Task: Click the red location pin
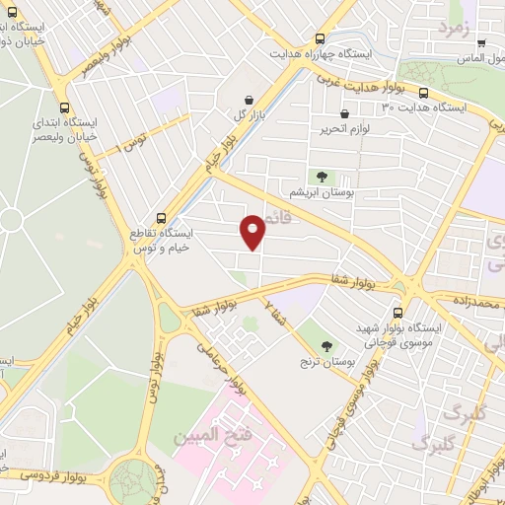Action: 253,232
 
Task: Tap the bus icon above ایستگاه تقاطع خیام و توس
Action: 162,218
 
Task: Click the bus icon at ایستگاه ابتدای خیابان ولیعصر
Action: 65,108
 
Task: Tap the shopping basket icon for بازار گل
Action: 247,100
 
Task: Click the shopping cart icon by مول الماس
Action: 481,43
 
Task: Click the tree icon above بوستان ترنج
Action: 326,345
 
